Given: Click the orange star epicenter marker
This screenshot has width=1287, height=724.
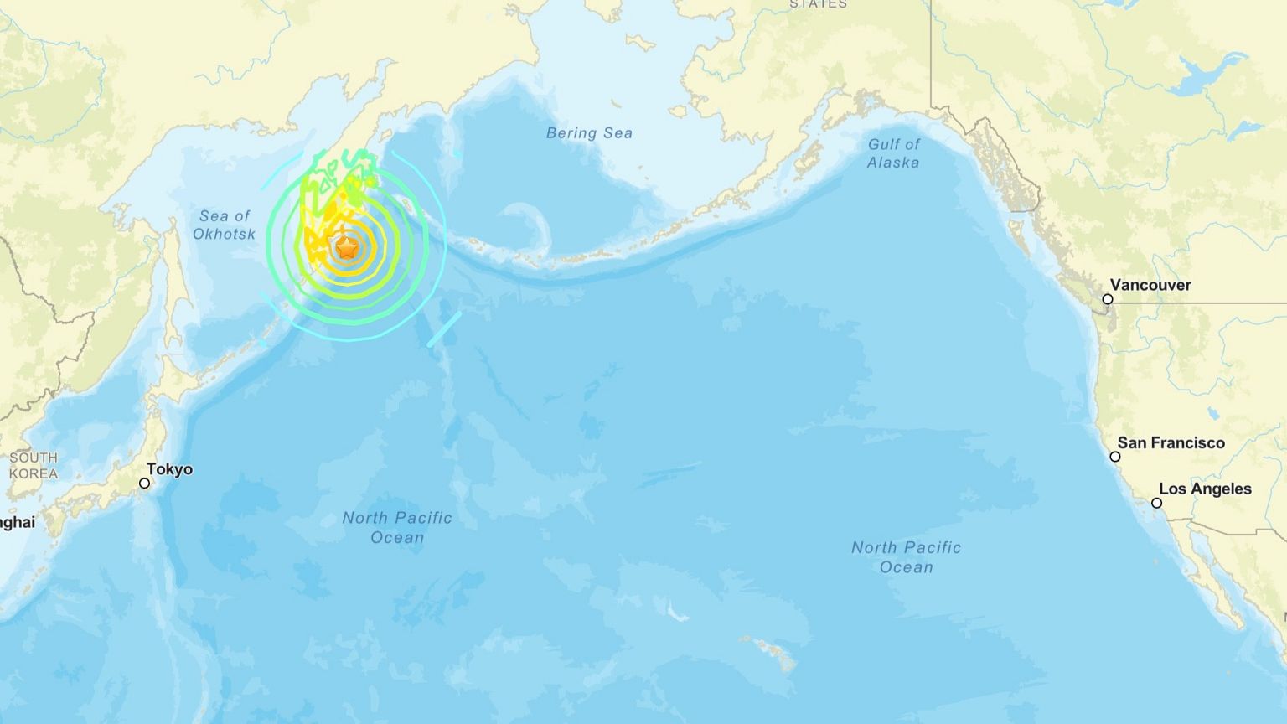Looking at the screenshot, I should click(347, 248).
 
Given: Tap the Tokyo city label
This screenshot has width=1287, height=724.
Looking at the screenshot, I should click(169, 469).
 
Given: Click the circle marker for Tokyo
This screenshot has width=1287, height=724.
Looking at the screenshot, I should click(144, 484).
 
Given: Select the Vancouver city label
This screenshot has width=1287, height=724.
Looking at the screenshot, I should click(1150, 285).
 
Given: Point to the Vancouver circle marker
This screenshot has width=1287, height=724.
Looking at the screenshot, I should click(1107, 299).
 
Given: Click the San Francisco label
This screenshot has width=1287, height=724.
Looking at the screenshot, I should click(1171, 442).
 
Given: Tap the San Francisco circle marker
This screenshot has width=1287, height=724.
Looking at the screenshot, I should click(1114, 457).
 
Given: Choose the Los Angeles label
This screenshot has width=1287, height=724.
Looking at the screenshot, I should click(1205, 489).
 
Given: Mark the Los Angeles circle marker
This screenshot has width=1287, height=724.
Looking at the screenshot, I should click(1156, 504).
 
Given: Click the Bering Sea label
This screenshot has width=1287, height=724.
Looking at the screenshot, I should click(589, 132).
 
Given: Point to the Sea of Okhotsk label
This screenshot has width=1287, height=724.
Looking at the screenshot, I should click(224, 225).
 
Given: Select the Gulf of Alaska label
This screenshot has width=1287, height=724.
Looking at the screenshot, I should click(893, 153).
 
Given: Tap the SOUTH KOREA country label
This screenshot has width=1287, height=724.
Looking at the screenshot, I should click(34, 465).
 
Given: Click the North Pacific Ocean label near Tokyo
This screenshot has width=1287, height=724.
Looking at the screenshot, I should click(397, 527).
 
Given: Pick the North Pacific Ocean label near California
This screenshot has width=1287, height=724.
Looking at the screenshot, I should click(906, 557).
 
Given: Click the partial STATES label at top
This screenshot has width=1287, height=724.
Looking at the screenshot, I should click(818, 4).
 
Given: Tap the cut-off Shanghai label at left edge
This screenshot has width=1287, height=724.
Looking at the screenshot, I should click(17, 523).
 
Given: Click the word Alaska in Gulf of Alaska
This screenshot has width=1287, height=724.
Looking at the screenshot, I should click(893, 163).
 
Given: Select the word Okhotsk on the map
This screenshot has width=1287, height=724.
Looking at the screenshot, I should click(224, 234).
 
